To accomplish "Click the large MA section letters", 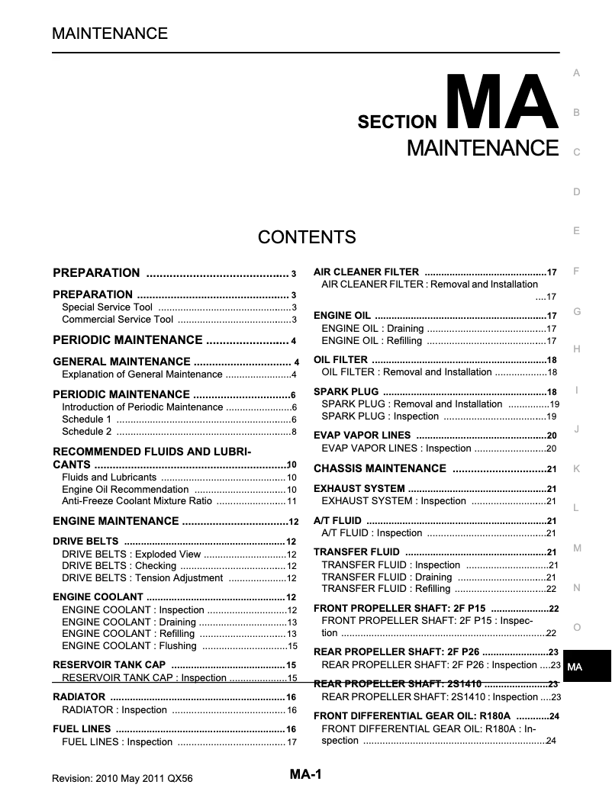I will point(501,102).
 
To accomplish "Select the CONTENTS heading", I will point(307,237).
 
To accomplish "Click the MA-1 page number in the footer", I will point(306,774).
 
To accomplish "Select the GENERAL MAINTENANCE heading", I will point(121,362).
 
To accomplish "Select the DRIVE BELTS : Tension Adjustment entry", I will point(142,578).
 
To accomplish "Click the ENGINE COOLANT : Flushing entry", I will point(129,646).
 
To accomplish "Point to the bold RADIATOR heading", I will point(79,697).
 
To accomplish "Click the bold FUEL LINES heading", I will point(82,729).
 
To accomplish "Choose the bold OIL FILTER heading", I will point(340,360).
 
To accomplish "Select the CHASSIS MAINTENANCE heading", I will point(379,468).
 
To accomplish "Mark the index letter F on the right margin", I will point(577,272).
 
